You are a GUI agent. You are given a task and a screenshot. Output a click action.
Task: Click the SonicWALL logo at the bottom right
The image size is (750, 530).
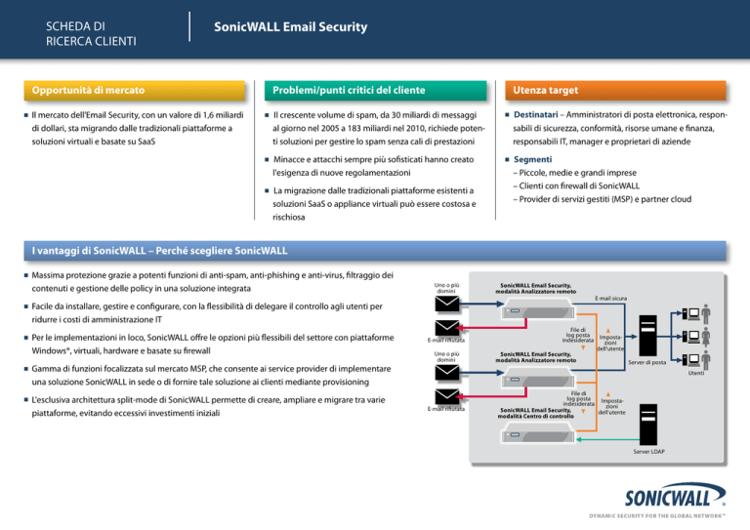pyautogui.click(x=675, y=496)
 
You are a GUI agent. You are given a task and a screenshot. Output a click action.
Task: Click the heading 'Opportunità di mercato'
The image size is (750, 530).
pyautogui.click(x=88, y=91)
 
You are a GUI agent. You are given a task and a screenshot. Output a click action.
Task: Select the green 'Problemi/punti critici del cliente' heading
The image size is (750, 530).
pyautogui.click(x=349, y=91)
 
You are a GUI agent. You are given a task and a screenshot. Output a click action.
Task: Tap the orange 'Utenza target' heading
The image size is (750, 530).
pyautogui.click(x=545, y=91)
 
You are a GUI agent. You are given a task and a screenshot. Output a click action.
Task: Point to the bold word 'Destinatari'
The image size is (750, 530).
pyautogui.click(x=536, y=115)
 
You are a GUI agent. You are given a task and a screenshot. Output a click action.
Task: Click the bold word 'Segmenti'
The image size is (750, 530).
pyautogui.click(x=532, y=160)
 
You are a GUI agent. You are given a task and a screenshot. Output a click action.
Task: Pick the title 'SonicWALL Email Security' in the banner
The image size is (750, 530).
pyautogui.click(x=291, y=27)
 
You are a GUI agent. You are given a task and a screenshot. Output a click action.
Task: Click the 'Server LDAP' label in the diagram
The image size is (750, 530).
pyautogui.click(x=648, y=452)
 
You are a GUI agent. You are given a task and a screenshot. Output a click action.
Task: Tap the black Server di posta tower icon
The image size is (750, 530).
pyautogui.click(x=647, y=335)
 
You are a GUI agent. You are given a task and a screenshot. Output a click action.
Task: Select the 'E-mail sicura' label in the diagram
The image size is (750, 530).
pyautogui.click(x=610, y=299)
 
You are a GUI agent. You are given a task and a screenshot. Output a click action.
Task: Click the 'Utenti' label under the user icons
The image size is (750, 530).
pyautogui.click(x=696, y=373)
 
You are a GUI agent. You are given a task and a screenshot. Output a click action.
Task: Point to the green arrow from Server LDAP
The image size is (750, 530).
pyautogui.click(x=607, y=439)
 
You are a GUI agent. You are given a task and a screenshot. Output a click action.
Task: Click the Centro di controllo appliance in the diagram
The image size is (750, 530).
pyautogui.click(x=537, y=434)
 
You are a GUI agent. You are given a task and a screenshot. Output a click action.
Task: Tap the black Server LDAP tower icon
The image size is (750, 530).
pyautogui.click(x=648, y=425)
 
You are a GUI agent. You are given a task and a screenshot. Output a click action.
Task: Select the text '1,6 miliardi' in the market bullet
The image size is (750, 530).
pyautogui.click(x=223, y=115)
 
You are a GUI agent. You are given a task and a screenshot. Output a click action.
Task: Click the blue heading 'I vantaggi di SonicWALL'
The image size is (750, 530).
pyautogui.click(x=89, y=251)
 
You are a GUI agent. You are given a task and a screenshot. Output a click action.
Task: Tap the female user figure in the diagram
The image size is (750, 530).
pyautogui.click(x=706, y=337)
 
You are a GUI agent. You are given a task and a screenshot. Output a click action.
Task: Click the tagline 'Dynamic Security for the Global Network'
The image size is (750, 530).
pyautogui.click(x=657, y=515)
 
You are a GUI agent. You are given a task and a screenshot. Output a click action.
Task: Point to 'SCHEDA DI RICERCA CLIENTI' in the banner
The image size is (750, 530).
pyautogui.click(x=91, y=33)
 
